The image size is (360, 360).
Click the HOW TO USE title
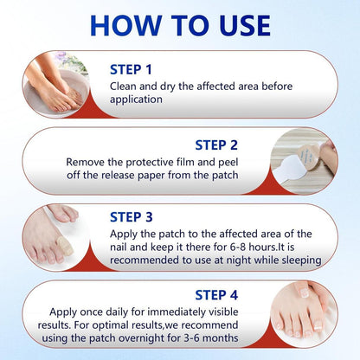point(180,23)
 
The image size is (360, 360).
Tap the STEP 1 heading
point(132,69)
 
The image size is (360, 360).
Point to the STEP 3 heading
point(132,217)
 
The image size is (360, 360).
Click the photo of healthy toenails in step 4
point(311,312)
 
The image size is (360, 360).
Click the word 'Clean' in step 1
point(125,86)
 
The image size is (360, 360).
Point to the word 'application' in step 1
point(138,100)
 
